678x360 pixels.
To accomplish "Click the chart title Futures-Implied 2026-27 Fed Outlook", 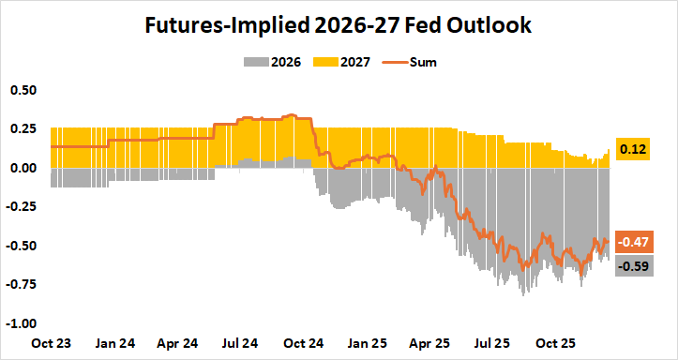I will [339, 25].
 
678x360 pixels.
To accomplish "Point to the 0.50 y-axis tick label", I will [23, 90].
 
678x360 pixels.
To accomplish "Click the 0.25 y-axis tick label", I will [23, 128].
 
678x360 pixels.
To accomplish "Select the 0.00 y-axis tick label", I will [23, 168].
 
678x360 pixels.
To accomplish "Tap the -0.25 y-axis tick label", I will [22, 206].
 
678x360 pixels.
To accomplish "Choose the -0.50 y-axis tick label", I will [22, 246].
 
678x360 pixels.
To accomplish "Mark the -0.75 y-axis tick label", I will [22, 284].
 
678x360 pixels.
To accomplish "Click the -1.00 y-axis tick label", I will [22, 323].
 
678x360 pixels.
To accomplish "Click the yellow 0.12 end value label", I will [634, 150].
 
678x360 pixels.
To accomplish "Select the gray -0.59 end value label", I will [632, 265].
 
